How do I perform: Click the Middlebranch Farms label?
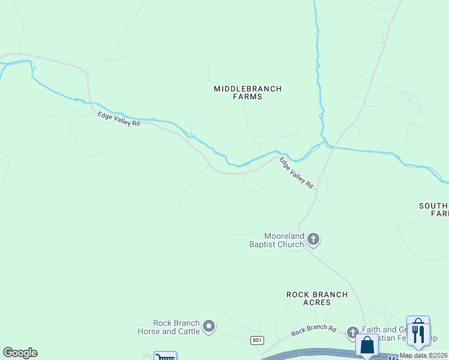tap(247, 92)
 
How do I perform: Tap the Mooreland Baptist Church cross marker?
tap(313, 240)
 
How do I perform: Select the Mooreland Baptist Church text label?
tap(277, 240)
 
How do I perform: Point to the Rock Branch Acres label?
tap(317, 298)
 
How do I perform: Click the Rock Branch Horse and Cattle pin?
tap(209, 326)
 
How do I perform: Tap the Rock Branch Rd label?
tap(313, 330)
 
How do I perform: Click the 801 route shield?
tap(257, 340)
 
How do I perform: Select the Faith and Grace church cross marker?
tap(352, 332)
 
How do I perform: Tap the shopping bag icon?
tap(367, 346)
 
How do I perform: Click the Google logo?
tap(20, 353)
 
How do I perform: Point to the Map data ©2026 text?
tap(423, 355)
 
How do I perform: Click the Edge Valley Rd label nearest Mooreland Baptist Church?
tap(297, 173)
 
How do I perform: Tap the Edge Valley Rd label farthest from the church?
tap(119, 119)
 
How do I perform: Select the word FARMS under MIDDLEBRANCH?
tap(247, 97)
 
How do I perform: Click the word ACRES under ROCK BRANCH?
tap(317, 302)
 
